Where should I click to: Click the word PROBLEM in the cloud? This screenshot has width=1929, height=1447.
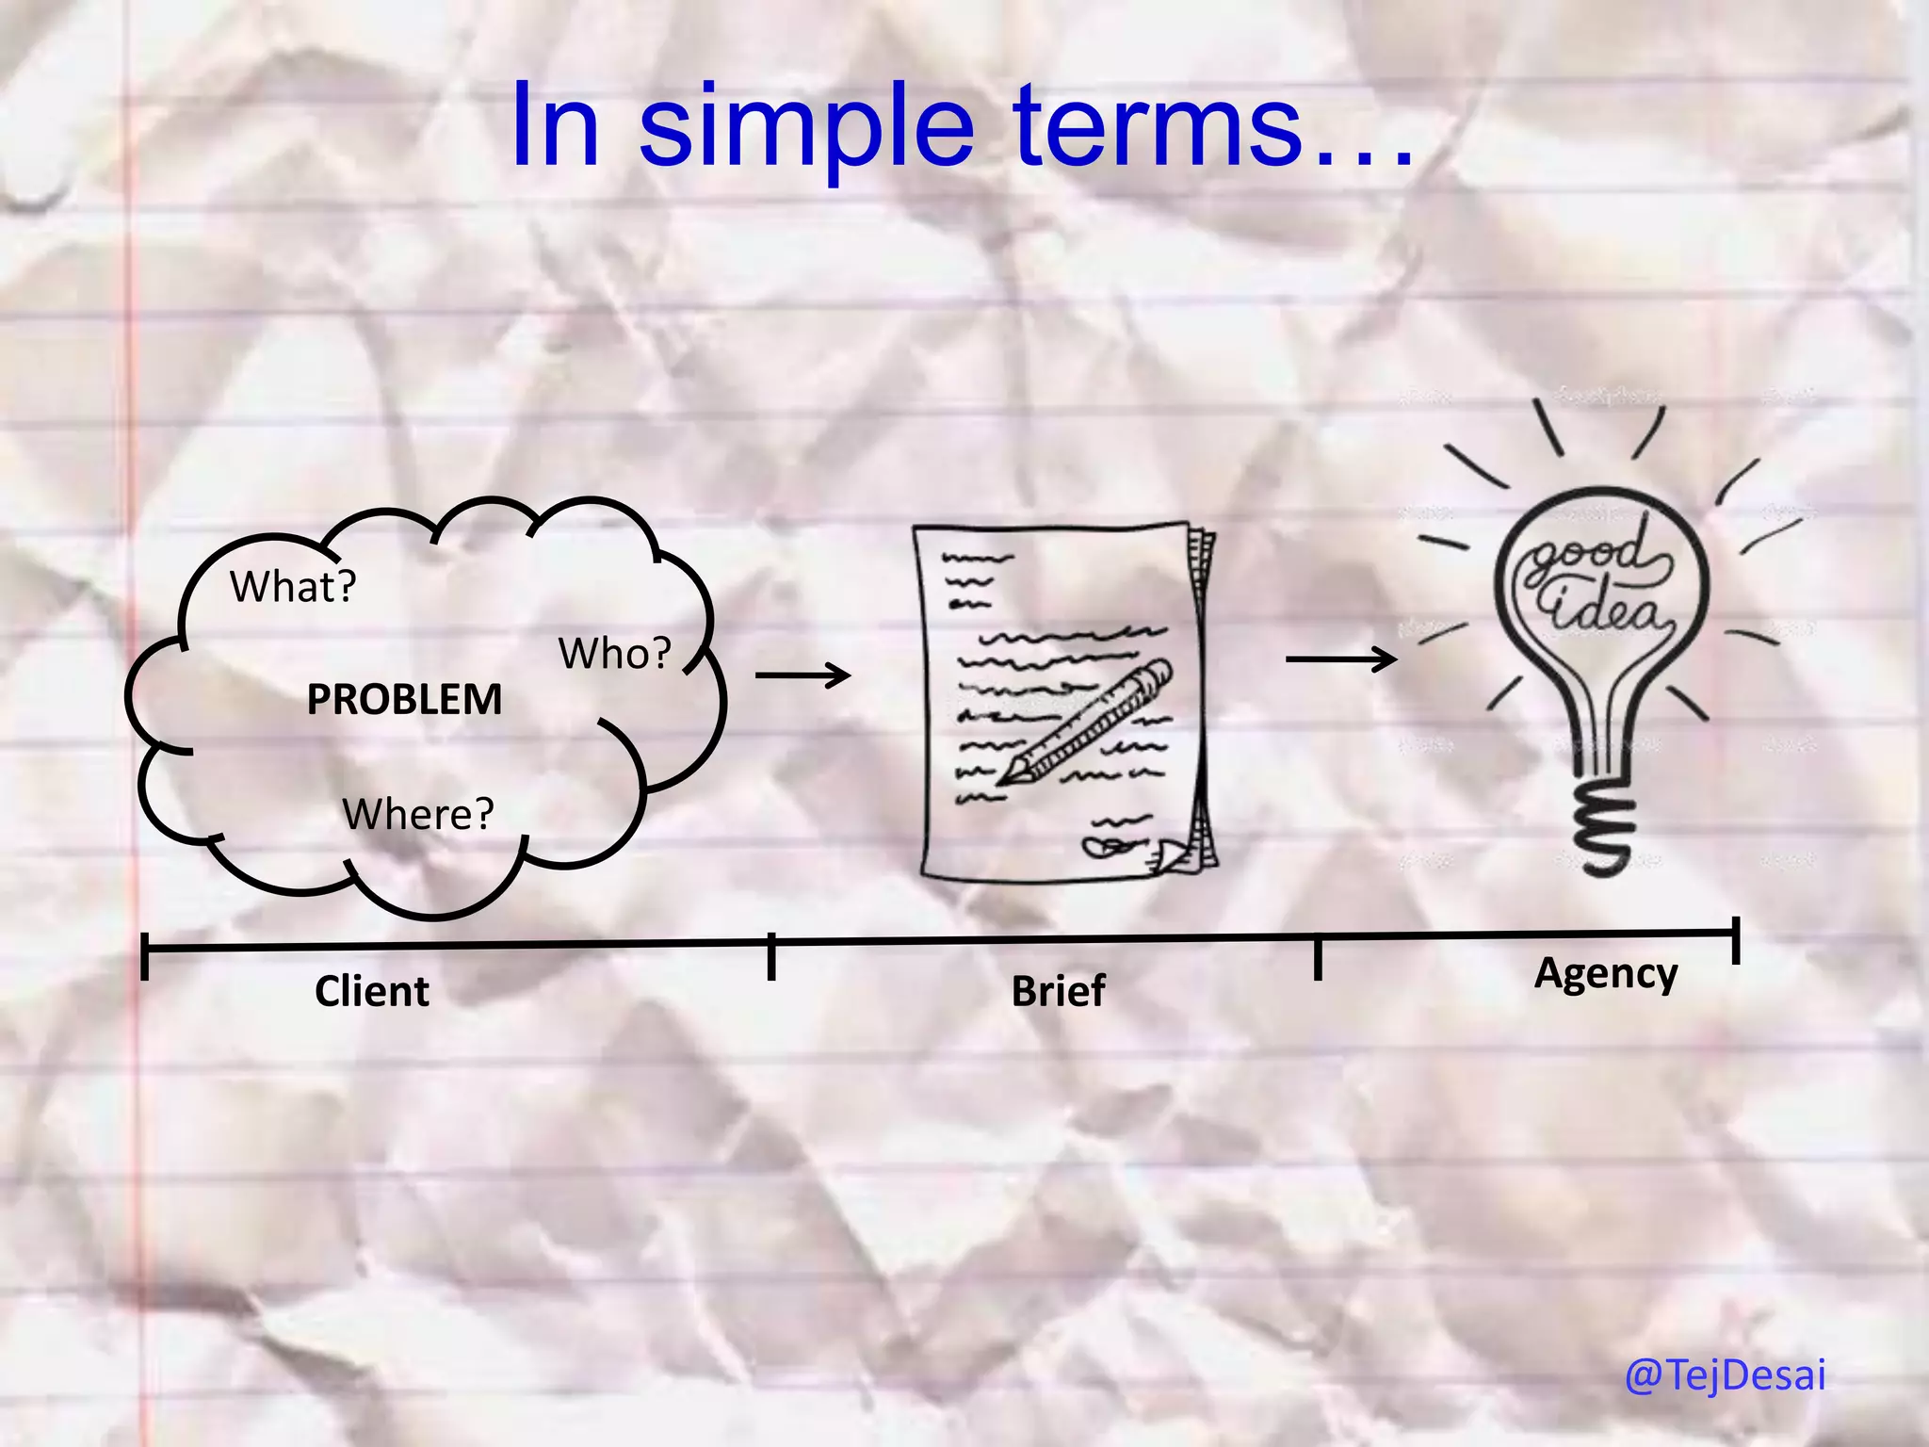coord(404,700)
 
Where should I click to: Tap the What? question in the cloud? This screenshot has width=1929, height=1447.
coord(293,587)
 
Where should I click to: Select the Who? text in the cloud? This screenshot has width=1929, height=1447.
coord(614,654)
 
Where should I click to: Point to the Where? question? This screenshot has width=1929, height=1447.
coord(417,814)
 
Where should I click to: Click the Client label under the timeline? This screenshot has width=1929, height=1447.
coord(371,991)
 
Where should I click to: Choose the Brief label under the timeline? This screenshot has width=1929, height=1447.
coord(1058,991)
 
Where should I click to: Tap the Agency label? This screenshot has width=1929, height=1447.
coord(1606,973)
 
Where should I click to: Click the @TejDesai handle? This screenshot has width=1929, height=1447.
coord(1725,1374)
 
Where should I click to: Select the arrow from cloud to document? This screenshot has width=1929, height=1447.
coord(802,675)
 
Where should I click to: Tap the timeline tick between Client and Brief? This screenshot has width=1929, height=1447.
coord(770,956)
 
